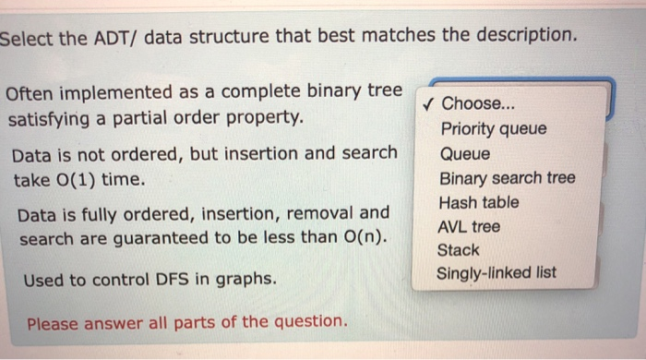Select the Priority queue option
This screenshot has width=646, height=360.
pyautogui.click(x=493, y=129)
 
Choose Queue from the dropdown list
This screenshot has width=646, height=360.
pyautogui.click(x=465, y=153)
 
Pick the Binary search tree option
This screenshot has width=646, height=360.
pyautogui.click(x=507, y=177)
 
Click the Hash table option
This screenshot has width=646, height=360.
pyautogui.click(x=479, y=201)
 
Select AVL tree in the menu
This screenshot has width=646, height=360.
pyautogui.click(x=471, y=225)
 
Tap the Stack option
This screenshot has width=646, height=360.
pyautogui.click(x=459, y=249)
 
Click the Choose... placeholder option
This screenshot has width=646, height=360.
pyautogui.click(x=473, y=103)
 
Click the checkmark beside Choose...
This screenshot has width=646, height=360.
pyautogui.click(x=426, y=103)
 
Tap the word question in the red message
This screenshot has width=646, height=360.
pyautogui.click(x=312, y=323)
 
